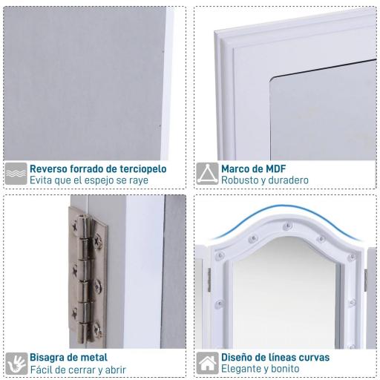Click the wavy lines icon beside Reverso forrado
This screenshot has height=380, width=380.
(x=16, y=174)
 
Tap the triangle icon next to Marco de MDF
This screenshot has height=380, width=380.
(x=207, y=174)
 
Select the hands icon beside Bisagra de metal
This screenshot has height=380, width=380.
(x=16, y=364)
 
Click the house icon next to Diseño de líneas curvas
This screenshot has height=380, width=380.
(x=207, y=363)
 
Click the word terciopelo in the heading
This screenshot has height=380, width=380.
(x=143, y=169)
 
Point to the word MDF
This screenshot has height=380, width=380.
(x=275, y=169)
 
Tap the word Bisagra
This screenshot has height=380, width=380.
(x=47, y=358)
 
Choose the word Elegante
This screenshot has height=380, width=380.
(x=240, y=369)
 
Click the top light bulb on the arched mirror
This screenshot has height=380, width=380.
(x=287, y=226)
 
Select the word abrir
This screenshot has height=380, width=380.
(x=116, y=370)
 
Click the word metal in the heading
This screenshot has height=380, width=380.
(x=94, y=358)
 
